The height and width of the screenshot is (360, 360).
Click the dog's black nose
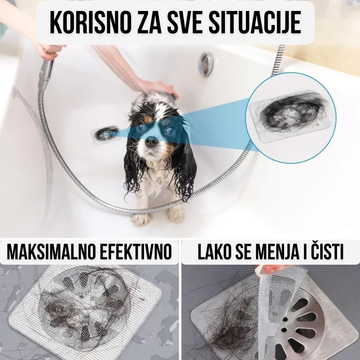[152, 142]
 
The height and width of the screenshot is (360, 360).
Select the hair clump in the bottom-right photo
[233, 330]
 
